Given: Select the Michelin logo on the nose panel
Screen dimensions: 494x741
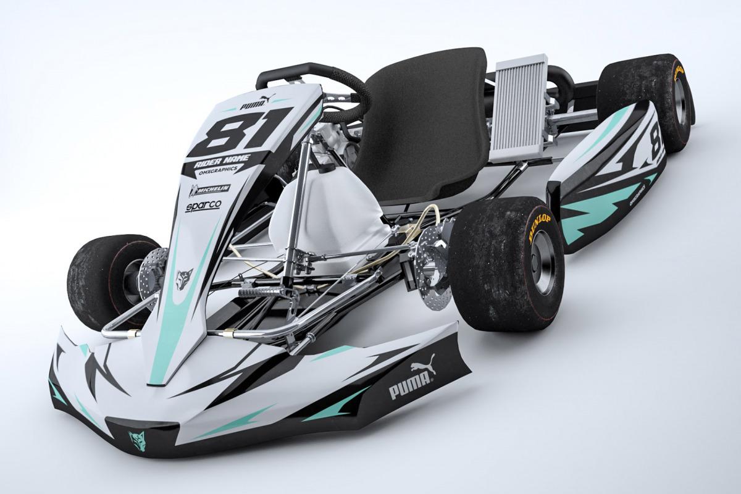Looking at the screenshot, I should (x=210, y=189).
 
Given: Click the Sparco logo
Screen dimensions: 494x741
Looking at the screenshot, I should (x=203, y=206).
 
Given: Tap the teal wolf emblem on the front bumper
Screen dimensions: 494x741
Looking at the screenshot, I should (x=136, y=440).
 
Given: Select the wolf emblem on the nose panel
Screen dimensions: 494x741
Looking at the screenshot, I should (x=184, y=276).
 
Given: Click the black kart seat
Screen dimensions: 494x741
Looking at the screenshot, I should (x=426, y=130).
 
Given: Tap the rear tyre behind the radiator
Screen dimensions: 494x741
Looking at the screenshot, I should (x=648, y=99).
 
